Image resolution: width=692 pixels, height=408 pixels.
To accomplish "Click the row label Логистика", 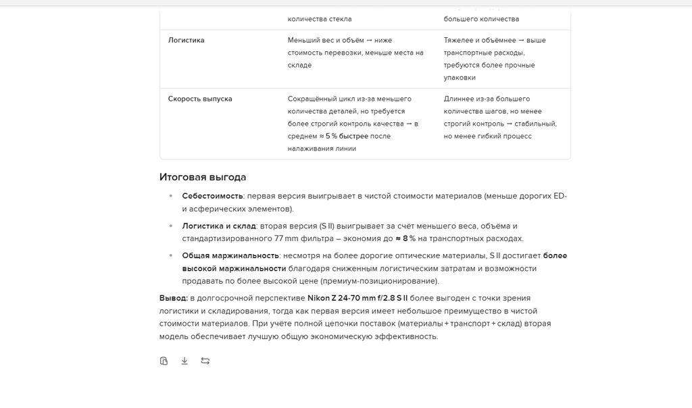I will click(x=186, y=40).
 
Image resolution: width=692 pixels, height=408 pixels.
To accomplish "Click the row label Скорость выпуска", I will click(x=200, y=99).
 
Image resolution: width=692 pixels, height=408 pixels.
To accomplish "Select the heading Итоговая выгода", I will click(x=203, y=177).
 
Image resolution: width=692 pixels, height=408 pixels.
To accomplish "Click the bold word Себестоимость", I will click(x=212, y=196).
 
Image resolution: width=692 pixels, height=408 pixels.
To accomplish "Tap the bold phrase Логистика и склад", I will click(x=219, y=226).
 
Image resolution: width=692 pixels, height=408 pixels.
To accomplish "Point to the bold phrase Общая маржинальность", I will click(x=230, y=255).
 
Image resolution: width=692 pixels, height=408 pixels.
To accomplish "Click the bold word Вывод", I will click(x=173, y=298).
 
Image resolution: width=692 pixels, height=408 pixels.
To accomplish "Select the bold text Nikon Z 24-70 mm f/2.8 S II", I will click(x=357, y=298).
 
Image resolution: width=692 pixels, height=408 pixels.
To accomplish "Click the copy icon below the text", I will click(x=164, y=361).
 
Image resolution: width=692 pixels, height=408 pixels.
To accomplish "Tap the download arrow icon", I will click(x=184, y=361).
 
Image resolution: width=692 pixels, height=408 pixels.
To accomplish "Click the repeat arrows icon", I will click(x=205, y=361).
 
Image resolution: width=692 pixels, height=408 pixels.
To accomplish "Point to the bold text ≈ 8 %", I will click(x=405, y=238).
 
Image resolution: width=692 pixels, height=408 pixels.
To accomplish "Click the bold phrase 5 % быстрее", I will click(x=347, y=136).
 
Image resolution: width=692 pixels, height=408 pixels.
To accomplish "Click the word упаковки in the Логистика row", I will click(x=460, y=78).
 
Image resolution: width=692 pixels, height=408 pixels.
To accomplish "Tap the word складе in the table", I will click(x=299, y=65).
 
